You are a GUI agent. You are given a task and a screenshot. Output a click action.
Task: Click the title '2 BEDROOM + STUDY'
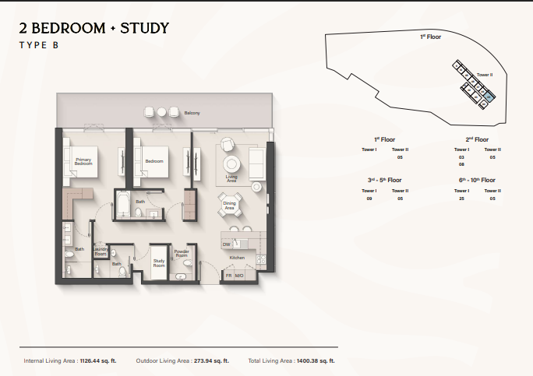click(x=94, y=29)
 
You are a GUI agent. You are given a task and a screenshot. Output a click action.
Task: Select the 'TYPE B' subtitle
click(x=39, y=46)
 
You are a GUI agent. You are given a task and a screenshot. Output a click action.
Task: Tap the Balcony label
click(x=192, y=114)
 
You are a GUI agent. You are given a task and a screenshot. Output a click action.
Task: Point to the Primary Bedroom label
click(x=83, y=161)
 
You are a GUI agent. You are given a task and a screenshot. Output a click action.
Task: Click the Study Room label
click(x=159, y=264)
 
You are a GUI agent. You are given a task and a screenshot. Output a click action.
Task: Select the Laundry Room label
click(x=101, y=252)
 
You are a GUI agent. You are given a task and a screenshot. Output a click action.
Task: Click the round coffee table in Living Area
click(x=232, y=164)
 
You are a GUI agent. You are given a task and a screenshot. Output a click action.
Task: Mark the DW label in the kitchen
click(x=226, y=244)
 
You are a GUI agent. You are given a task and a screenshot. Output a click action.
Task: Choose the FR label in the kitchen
click(x=229, y=276)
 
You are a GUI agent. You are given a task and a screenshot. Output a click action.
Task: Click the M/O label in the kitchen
click(x=240, y=276)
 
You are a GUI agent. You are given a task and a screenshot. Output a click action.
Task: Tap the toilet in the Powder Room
click(x=185, y=265)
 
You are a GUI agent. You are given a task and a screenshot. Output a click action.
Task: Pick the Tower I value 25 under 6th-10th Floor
click(x=462, y=199)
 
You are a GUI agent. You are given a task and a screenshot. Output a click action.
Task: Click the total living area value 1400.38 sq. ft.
click(x=315, y=361)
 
